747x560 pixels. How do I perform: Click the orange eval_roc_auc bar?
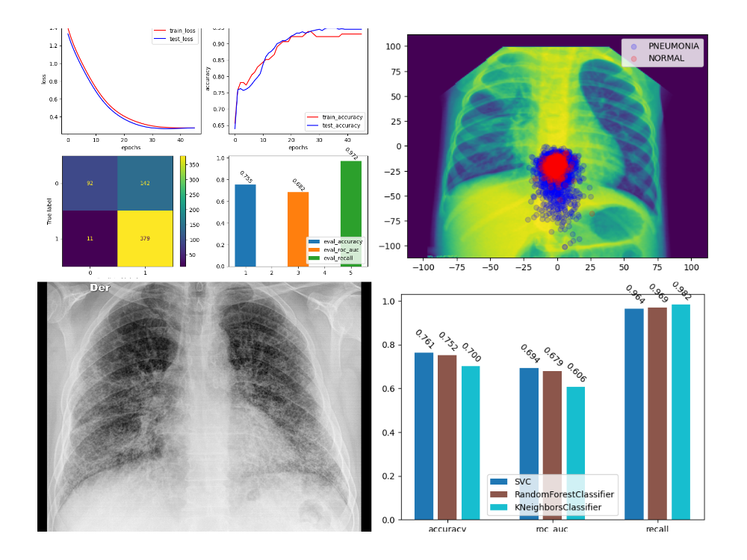pos(298,228)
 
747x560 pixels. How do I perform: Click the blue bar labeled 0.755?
pos(245,225)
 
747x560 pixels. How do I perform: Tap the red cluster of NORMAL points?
pos(555,166)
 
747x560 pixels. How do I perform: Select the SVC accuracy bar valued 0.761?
pos(424,436)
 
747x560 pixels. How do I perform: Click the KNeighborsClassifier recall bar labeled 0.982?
pos(681,411)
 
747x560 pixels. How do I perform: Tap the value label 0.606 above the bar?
pos(576,372)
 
